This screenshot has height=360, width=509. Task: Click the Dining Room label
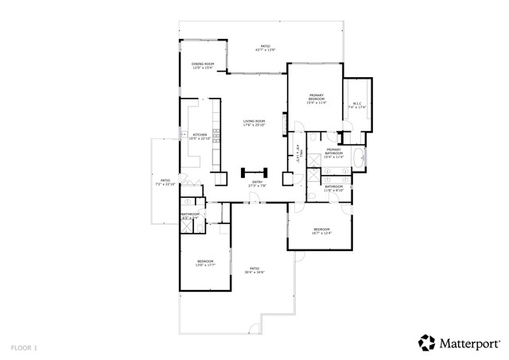(x=203, y=66)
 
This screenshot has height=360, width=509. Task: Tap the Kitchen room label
(x=200, y=136)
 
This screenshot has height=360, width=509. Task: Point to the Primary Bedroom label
(x=316, y=99)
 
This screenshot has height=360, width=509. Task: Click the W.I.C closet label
(x=357, y=105)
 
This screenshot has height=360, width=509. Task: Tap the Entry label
(x=257, y=184)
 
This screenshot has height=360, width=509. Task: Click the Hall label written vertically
(x=299, y=150)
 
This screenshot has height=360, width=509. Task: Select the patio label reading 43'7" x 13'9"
(x=265, y=48)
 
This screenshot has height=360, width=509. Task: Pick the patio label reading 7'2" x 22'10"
(x=165, y=182)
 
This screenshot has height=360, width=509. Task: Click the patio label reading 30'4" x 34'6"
(x=254, y=270)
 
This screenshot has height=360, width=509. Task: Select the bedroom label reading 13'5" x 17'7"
(x=205, y=263)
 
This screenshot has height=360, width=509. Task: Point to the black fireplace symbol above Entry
(x=256, y=172)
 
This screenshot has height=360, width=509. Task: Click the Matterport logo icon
(x=427, y=343)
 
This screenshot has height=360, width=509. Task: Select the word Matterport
(x=470, y=343)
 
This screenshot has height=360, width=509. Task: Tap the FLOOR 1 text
(x=24, y=348)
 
